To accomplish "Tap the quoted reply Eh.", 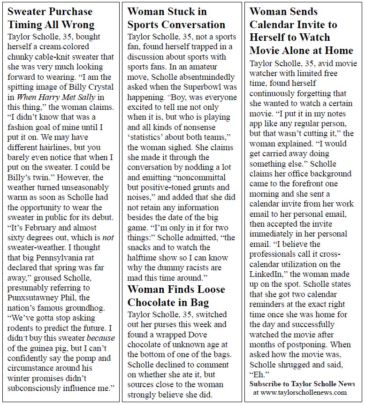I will click(x=259, y=374).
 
